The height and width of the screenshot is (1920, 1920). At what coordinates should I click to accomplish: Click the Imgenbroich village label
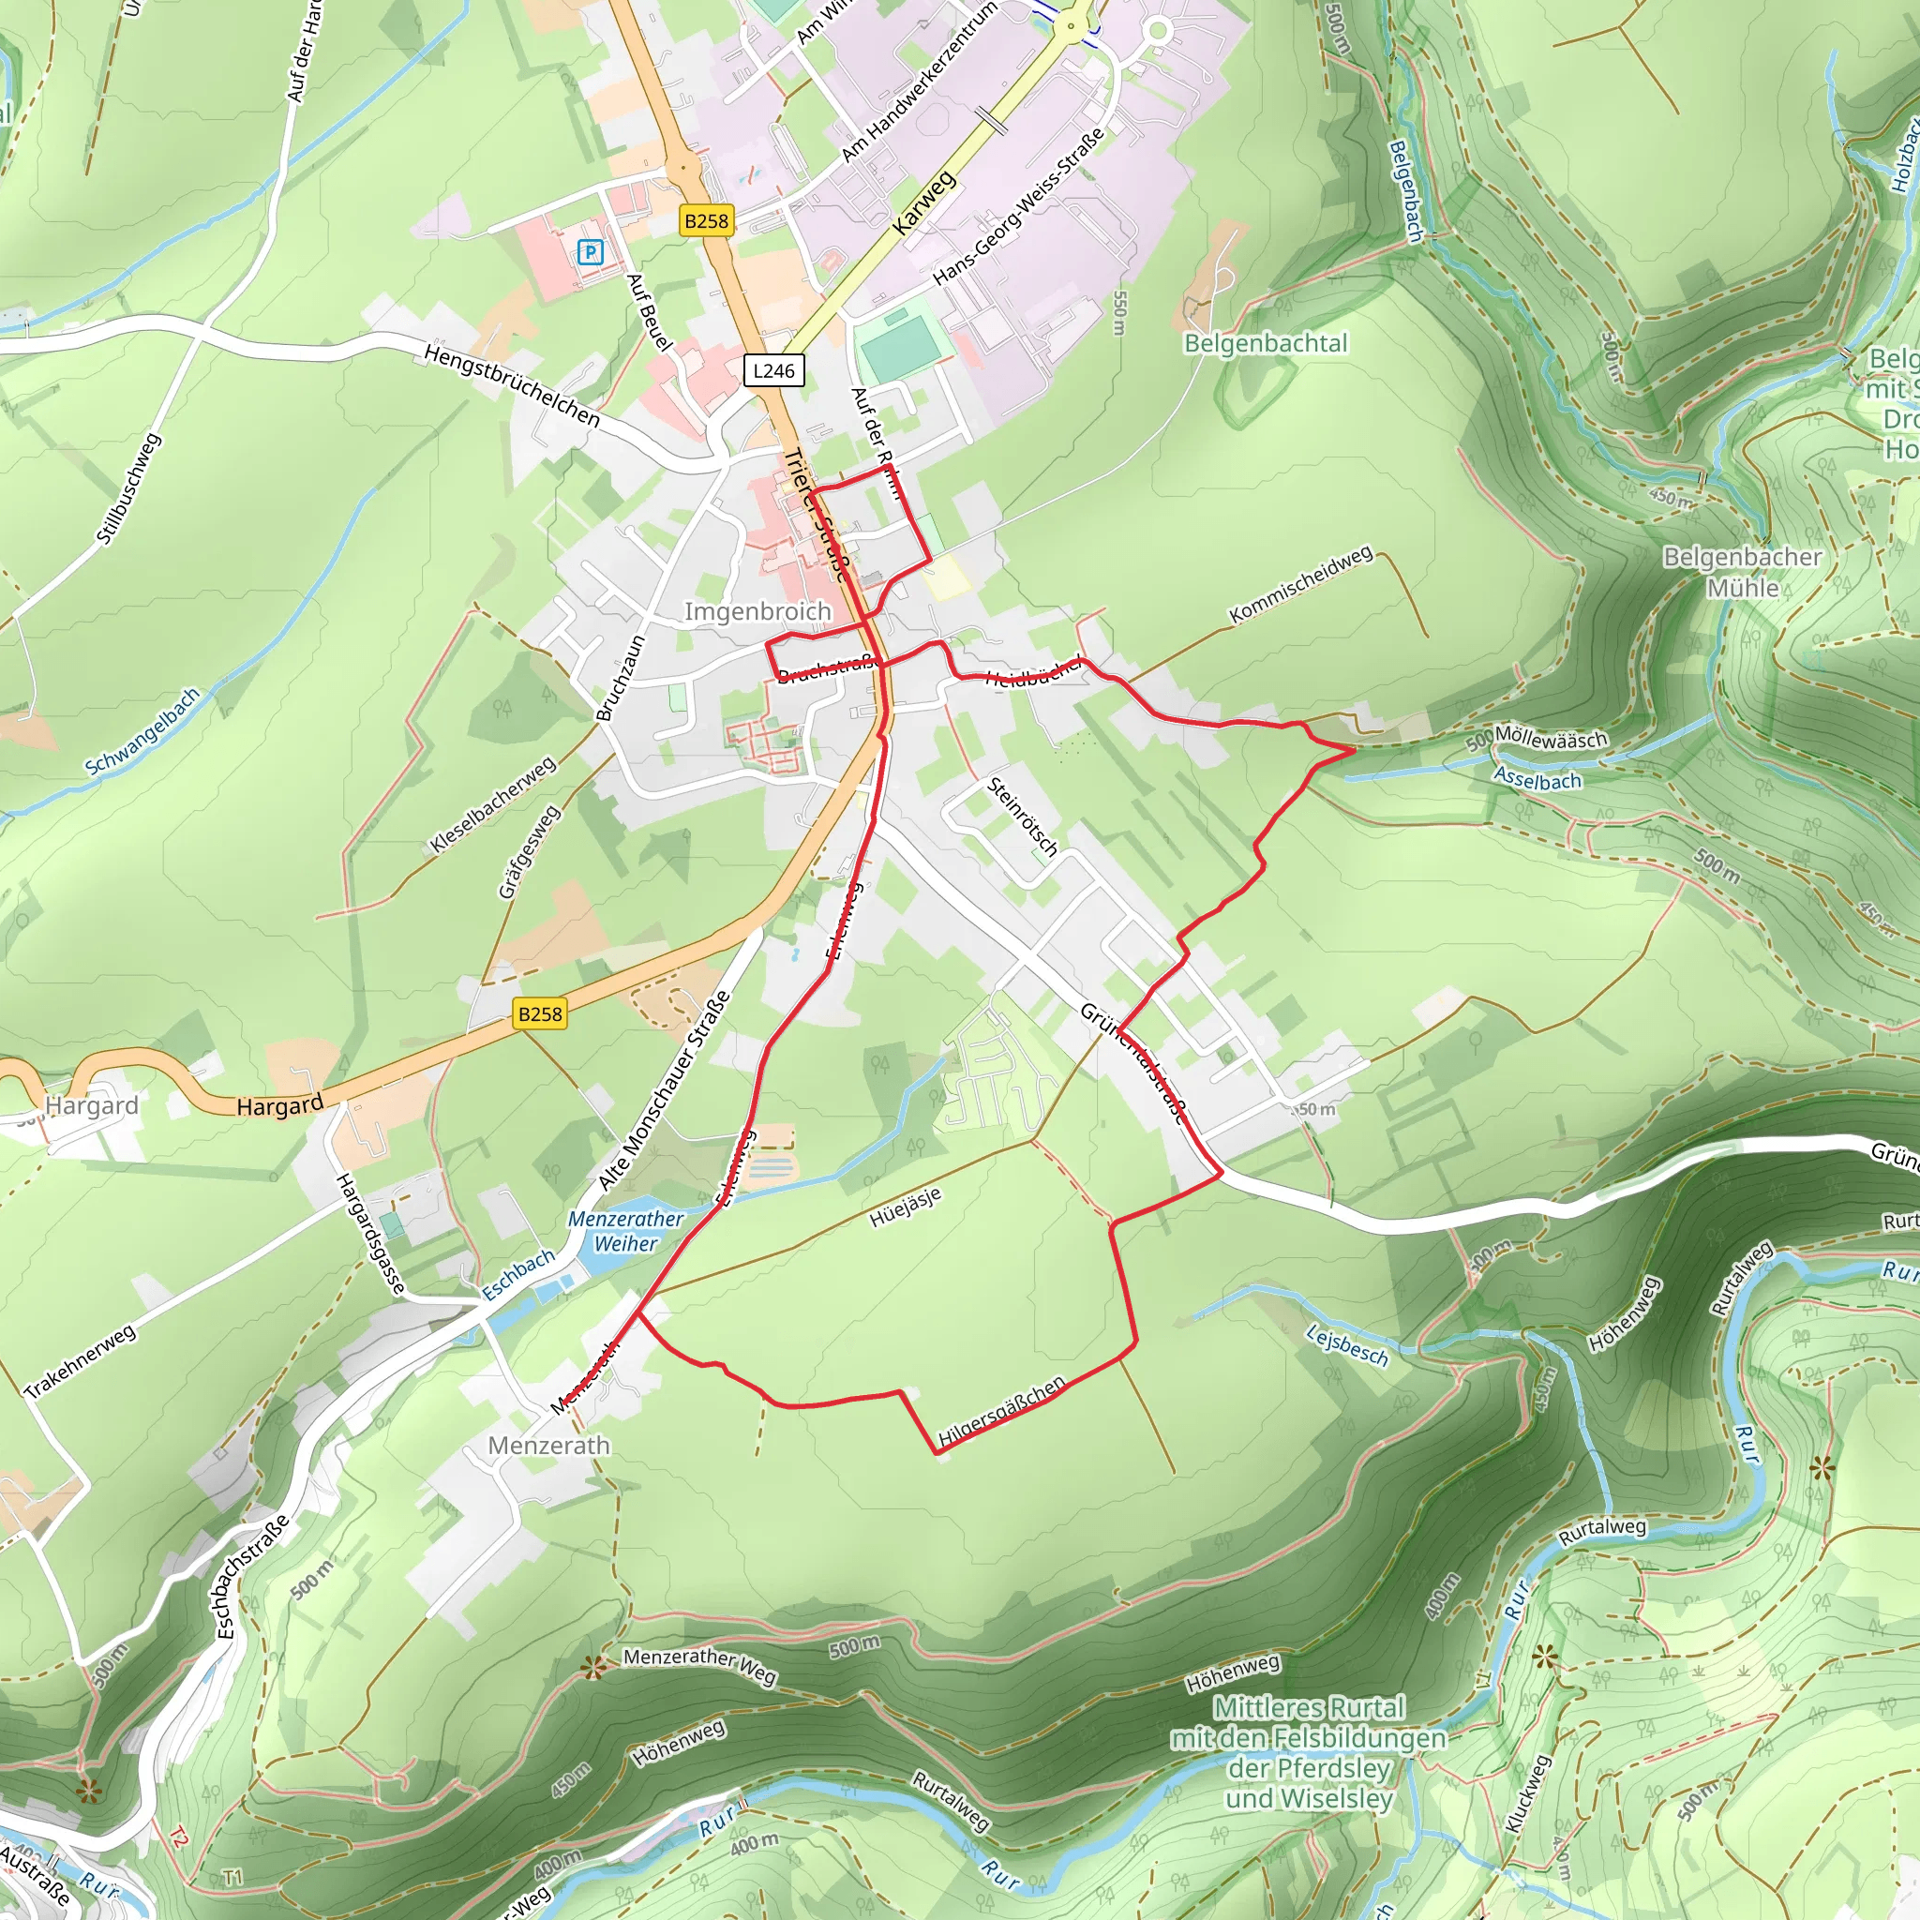coord(757,611)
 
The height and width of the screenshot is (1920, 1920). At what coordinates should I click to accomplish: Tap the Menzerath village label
coord(548,1445)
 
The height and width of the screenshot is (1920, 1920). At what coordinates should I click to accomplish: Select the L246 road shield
coord(773,370)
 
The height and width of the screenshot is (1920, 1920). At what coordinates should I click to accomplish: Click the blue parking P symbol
coord(591,252)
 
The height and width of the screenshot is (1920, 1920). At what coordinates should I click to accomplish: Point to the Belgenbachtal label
coord(1265,343)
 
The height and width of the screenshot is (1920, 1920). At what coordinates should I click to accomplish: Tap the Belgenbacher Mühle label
coord(1742,572)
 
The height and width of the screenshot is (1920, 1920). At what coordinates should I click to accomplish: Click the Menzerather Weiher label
coord(626,1230)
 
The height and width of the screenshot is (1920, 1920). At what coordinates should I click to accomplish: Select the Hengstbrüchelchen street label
coord(512,385)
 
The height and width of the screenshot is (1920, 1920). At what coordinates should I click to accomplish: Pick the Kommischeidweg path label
coord(1300,584)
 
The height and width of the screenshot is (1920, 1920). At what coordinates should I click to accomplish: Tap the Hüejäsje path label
coord(905,1207)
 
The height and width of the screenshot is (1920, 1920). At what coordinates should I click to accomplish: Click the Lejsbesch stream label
coord(1346,1345)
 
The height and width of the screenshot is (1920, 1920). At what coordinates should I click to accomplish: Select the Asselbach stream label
coord(1537,779)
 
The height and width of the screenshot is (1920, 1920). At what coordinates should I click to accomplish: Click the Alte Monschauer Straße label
coord(664,1091)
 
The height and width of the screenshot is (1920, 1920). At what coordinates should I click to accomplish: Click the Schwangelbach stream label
coord(142,731)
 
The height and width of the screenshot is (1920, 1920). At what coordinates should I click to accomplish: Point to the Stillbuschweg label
coord(128,487)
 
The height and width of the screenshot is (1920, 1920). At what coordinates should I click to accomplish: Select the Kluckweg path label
coord(1527,1792)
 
